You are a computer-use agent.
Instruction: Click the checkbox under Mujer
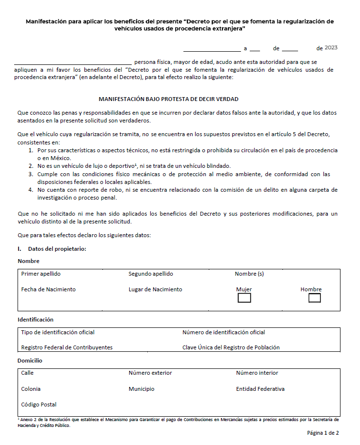(x=244, y=298)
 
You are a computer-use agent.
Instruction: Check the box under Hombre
(x=315, y=298)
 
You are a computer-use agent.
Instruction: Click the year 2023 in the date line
(x=331, y=48)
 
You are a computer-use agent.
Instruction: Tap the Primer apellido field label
(x=41, y=274)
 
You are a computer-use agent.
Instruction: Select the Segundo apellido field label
(x=151, y=274)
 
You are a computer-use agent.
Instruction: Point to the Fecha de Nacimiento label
(x=48, y=289)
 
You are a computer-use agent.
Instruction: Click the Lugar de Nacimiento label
(x=155, y=289)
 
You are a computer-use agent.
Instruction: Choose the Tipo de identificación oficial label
(x=58, y=332)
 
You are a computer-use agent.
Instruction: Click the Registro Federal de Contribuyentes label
(x=67, y=347)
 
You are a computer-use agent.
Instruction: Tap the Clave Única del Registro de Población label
(x=231, y=347)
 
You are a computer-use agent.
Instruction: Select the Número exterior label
(x=150, y=373)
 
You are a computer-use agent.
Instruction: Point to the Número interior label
(x=257, y=373)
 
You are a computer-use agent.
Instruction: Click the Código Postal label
(x=39, y=405)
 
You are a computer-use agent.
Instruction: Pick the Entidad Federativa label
(x=260, y=389)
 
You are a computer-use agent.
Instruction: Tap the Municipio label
(x=141, y=389)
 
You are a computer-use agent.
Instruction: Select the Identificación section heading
(x=36, y=320)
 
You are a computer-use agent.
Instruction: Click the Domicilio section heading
(x=30, y=361)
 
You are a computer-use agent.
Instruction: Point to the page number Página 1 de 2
(x=322, y=433)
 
